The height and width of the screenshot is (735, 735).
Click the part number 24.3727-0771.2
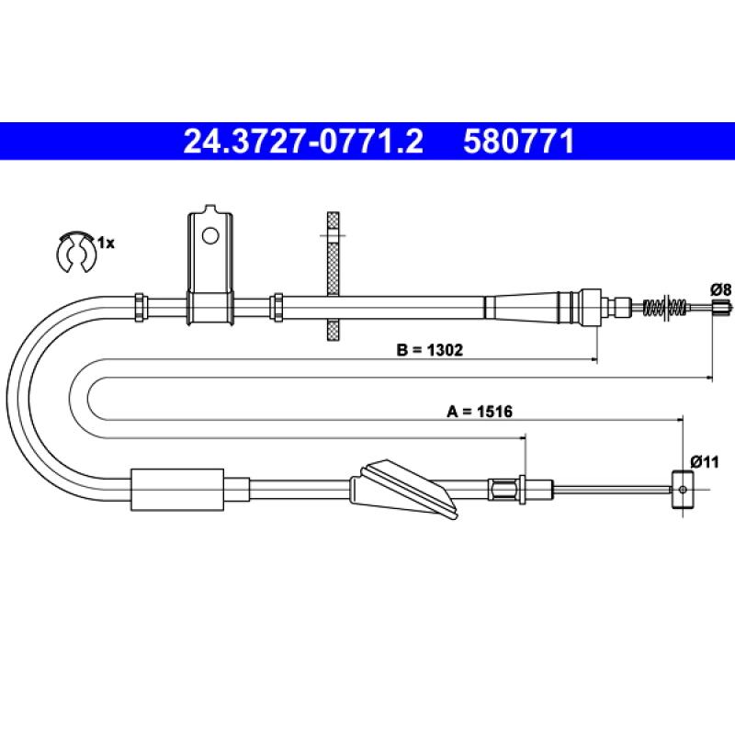pos(303,141)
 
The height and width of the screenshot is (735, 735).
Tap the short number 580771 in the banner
pos(518,141)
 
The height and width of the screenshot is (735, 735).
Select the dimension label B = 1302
pos(429,350)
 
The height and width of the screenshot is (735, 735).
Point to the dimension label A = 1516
pos(480,411)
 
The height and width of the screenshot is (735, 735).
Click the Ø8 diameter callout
pos(721,289)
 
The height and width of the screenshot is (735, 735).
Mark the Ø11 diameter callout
pos(705,462)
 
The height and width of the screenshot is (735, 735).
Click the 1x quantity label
pos(106,243)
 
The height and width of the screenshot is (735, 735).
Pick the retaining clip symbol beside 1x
pos(75,252)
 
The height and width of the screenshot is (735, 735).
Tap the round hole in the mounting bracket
pos(210,236)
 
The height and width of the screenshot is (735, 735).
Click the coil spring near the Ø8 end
pos(665,307)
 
